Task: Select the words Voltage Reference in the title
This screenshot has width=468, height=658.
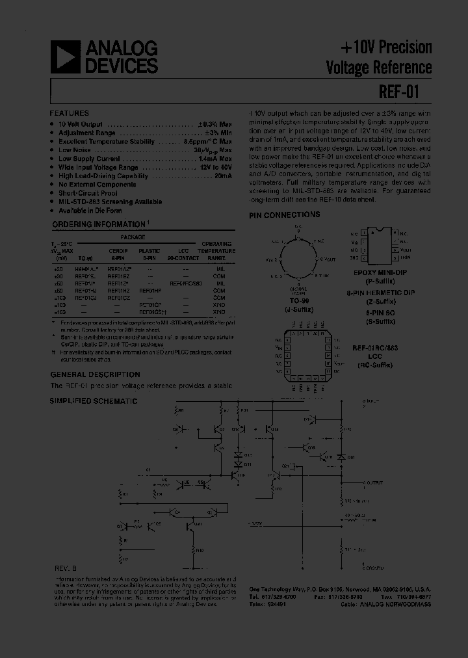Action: pyautogui.click(x=379, y=67)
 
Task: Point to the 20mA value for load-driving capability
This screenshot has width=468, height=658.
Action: pyautogui.click(x=223, y=176)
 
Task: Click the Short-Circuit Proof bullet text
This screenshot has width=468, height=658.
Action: pyautogui.click(x=88, y=193)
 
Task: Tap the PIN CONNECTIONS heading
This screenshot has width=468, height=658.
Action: pyautogui.click(x=285, y=215)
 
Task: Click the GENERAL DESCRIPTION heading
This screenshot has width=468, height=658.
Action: pyautogui.click(x=95, y=375)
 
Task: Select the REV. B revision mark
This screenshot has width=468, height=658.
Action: pyautogui.click(x=65, y=568)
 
